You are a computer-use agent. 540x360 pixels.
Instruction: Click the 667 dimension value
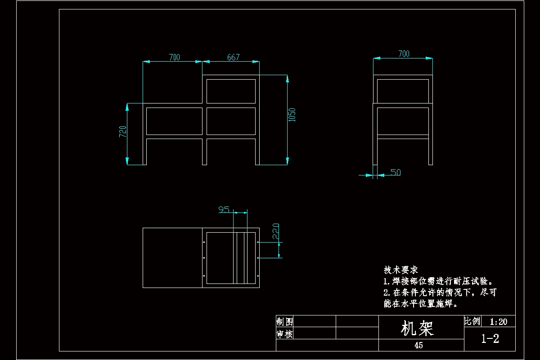(233, 57)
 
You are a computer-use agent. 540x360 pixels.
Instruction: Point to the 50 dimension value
(396, 172)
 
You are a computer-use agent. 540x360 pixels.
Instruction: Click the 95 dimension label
(224, 209)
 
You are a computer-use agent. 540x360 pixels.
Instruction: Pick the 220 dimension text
(275, 230)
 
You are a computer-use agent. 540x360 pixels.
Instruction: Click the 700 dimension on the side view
(404, 54)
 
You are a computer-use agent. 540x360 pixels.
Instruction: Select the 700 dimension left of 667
(174, 57)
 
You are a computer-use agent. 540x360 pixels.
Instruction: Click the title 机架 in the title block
(418, 328)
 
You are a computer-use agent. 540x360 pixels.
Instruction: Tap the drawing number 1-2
(490, 338)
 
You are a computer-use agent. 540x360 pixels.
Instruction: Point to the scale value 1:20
(498, 321)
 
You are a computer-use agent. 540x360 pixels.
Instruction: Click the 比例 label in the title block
(472, 321)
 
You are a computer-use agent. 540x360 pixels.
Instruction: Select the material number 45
(418, 345)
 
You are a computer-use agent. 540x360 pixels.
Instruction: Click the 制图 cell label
(284, 321)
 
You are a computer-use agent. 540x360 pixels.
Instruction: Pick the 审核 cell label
(284, 334)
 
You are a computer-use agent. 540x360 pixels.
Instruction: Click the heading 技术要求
(400, 270)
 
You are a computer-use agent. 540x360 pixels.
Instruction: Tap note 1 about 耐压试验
(439, 281)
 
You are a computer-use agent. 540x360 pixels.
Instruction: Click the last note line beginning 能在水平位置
(421, 304)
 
